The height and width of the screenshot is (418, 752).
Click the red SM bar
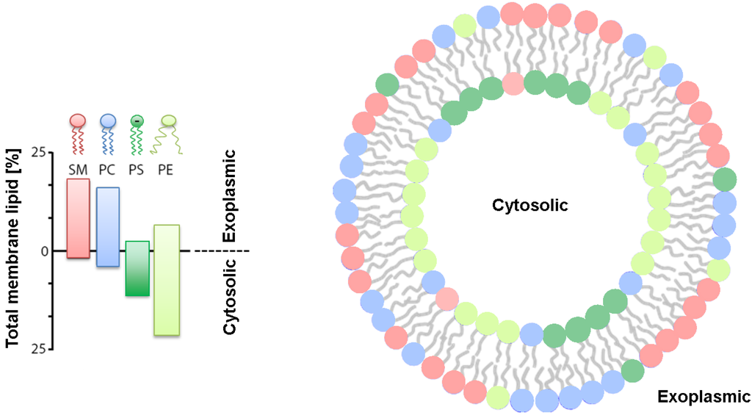(x=78, y=218)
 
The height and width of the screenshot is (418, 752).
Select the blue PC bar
(x=107, y=226)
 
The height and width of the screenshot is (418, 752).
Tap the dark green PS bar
(x=137, y=268)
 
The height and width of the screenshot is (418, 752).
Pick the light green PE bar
(x=167, y=280)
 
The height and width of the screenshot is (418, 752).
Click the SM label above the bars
(x=78, y=169)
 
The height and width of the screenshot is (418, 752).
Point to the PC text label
(x=107, y=169)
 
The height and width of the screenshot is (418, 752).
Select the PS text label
(x=137, y=169)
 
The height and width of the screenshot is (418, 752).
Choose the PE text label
(x=167, y=169)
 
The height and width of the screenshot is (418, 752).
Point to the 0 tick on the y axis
(x=43, y=251)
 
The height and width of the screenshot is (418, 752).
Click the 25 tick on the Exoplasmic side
(x=39, y=153)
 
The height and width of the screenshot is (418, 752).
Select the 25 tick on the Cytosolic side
(x=39, y=349)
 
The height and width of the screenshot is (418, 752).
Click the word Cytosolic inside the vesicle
(x=529, y=206)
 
